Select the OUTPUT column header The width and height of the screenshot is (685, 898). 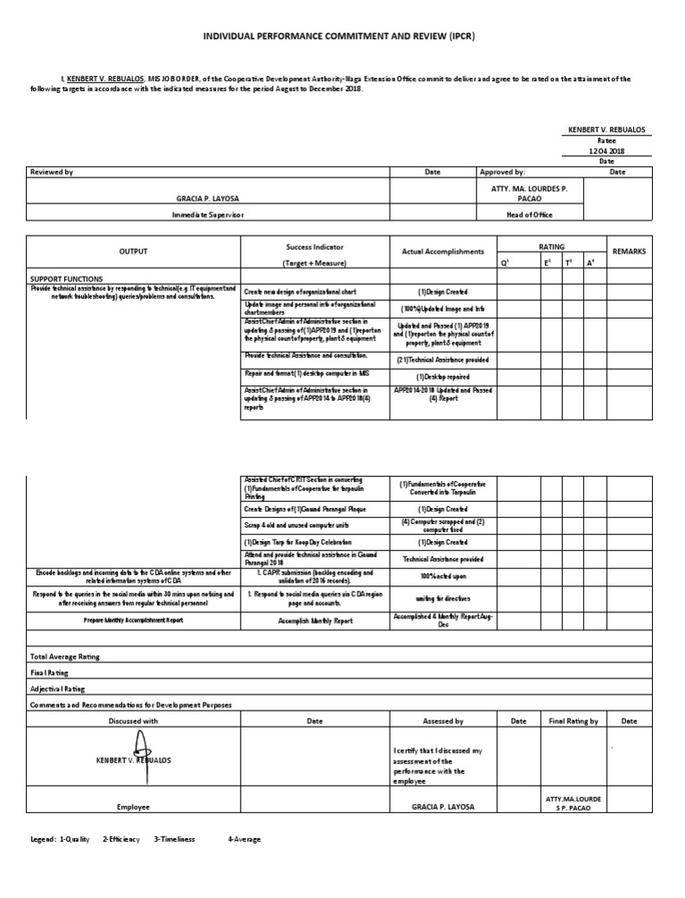pyautogui.click(x=133, y=252)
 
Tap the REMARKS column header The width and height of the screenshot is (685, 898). pyautogui.click(x=630, y=252)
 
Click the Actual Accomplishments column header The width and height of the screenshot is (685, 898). pyautogui.click(x=442, y=252)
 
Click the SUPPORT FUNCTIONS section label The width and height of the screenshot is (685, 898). pyautogui.click(x=66, y=279)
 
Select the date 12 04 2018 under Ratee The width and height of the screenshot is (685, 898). pyautogui.click(x=606, y=151)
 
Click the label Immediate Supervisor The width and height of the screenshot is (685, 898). pyautogui.click(x=207, y=215)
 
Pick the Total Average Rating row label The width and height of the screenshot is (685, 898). pyautogui.click(x=65, y=656)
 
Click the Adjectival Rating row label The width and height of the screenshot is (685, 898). pyautogui.click(x=58, y=688)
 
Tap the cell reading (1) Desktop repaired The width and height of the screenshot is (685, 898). pyautogui.click(x=442, y=377)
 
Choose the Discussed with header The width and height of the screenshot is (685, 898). pyautogui.click(x=133, y=720)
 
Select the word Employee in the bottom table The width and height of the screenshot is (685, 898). pyautogui.click(x=133, y=806)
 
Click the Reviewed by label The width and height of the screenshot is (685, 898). pyautogui.click(x=52, y=171)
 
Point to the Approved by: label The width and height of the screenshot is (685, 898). pyautogui.click(x=502, y=171)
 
